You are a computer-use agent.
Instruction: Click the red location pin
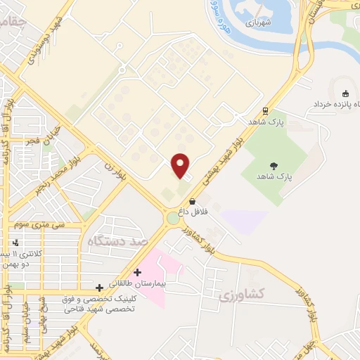(x=181, y=165)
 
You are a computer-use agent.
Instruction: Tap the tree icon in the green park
(x=272, y=167)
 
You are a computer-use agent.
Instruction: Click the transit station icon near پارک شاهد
(x=265, y=110)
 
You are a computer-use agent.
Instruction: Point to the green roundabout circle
(x=173, y=219)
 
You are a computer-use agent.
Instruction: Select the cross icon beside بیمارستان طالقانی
(x=138, y=271)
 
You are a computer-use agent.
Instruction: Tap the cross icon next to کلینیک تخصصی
(x=99, y=288)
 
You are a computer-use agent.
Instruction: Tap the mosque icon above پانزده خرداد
(x=345, y=94)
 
